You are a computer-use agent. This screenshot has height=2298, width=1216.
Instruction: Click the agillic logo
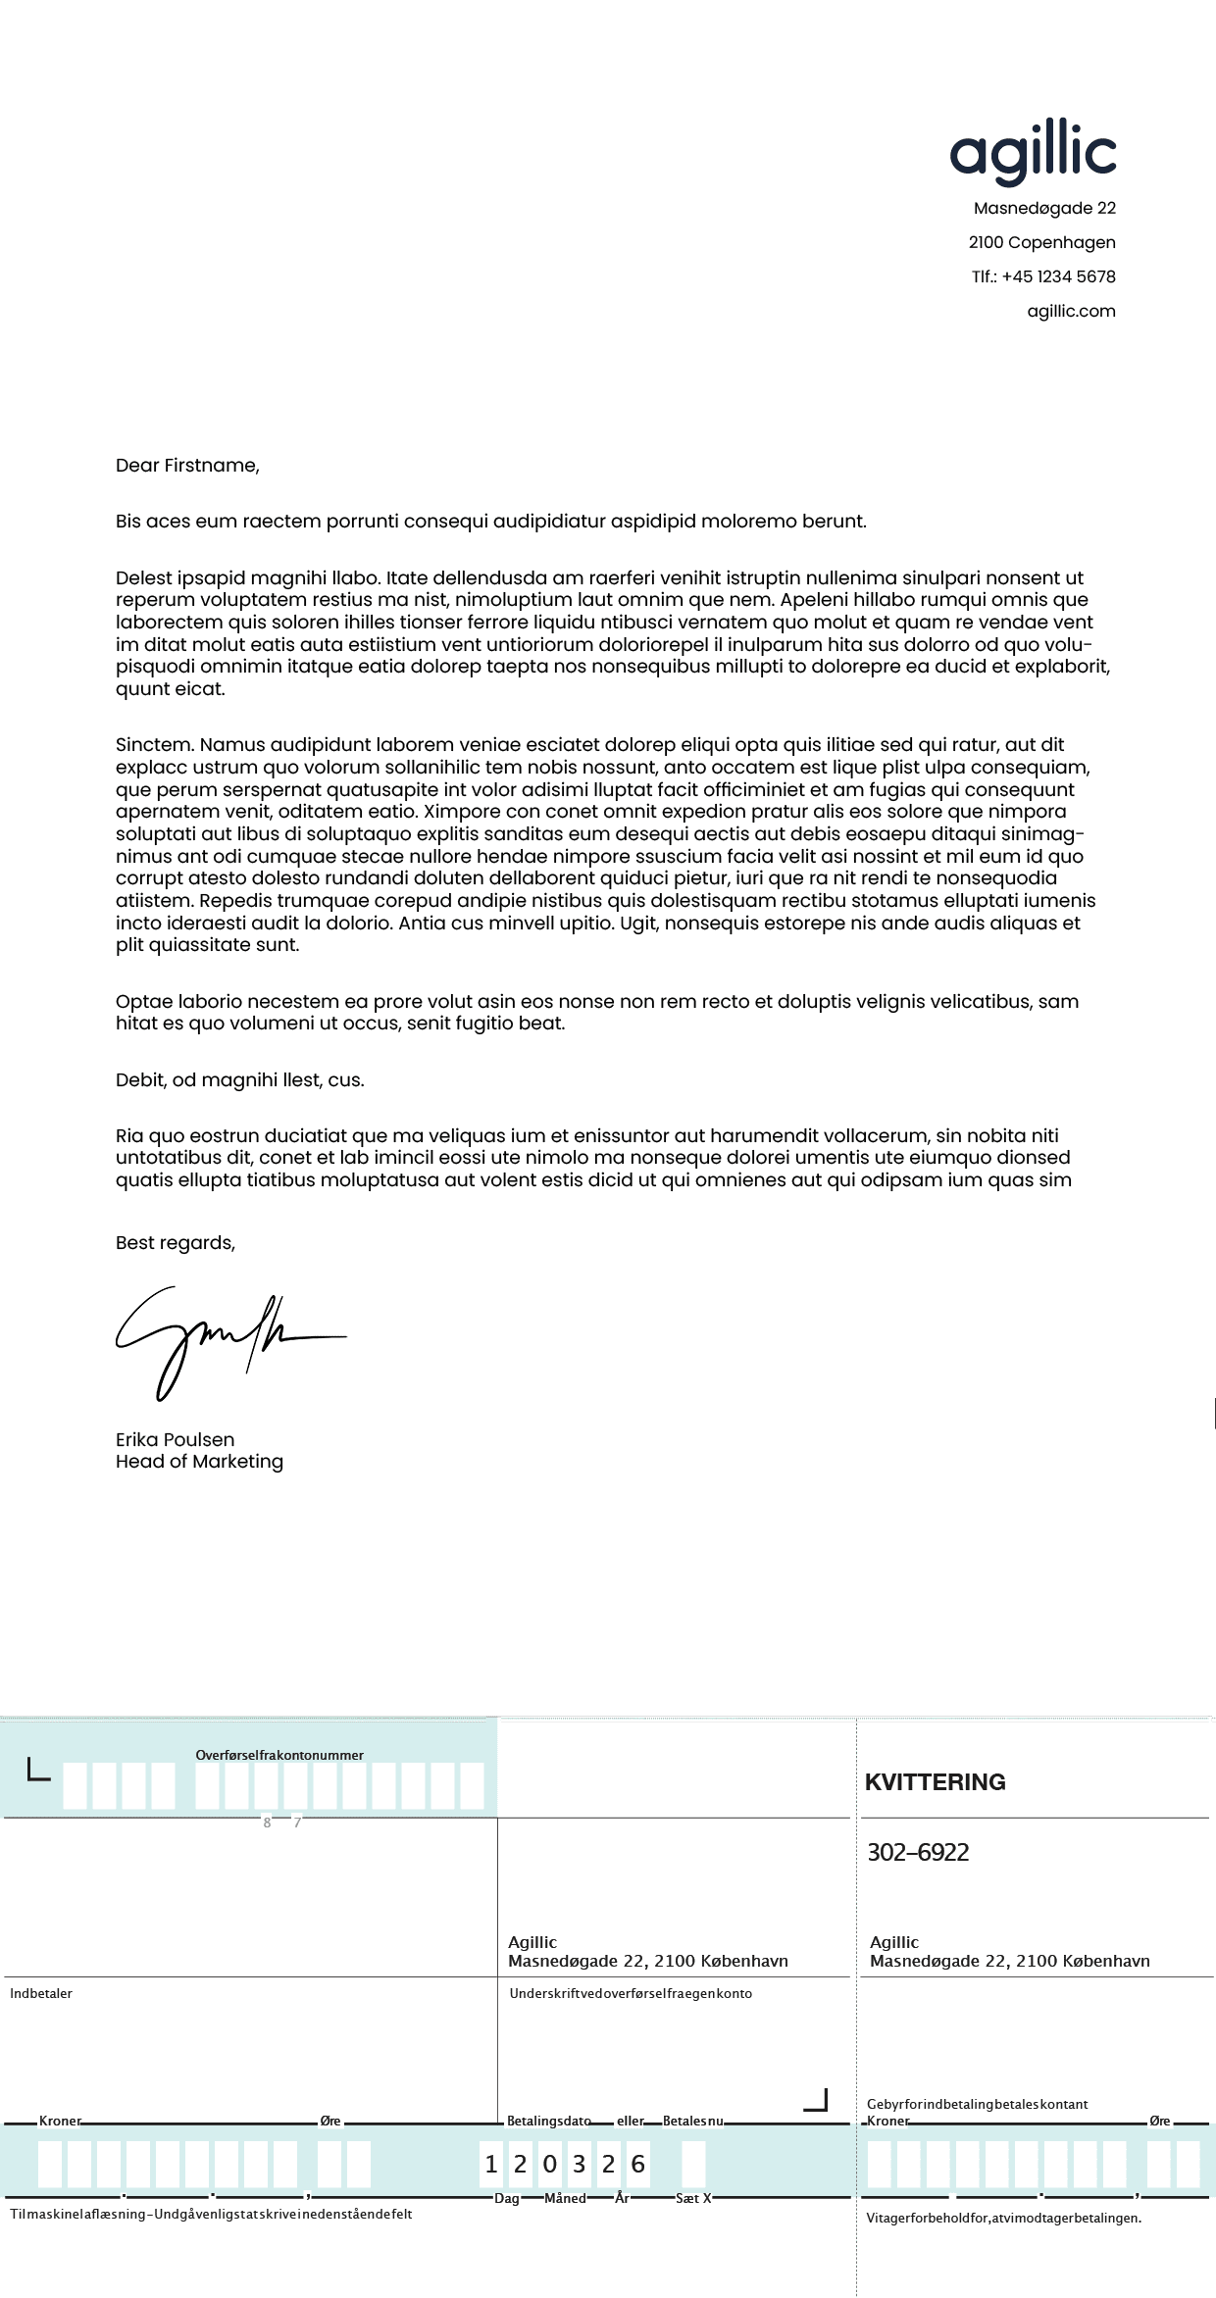click(1033, 152)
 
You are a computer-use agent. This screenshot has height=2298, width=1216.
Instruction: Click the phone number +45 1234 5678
click(1058, 276)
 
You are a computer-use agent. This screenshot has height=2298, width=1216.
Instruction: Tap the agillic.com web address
click(1071, 311)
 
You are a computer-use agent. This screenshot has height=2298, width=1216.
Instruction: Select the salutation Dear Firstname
click(187, 466)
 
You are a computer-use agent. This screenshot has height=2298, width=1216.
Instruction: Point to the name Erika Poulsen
click(175, 1439)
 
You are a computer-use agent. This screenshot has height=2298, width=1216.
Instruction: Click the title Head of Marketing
click(199, 1461)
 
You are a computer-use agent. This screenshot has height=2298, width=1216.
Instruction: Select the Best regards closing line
click(175, 1242)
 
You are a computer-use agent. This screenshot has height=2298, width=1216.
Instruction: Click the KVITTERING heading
click(935, 1781)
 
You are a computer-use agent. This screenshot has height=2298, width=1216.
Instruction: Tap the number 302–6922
click(918, 1852)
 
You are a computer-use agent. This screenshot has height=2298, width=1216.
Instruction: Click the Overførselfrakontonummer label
click(279, 1755)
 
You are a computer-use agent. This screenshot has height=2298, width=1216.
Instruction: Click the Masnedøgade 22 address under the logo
click(1044, 208)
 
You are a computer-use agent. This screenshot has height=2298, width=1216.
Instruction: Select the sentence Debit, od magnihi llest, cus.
click(239, 1079)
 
